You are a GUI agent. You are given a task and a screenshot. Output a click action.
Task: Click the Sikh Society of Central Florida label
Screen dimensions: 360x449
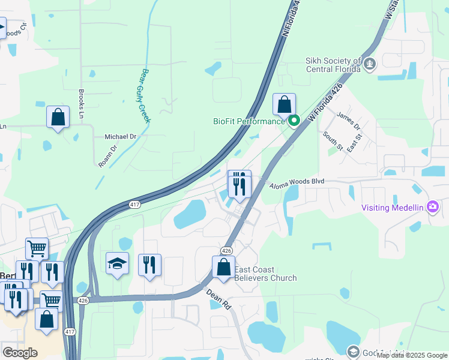[x=333, y=65]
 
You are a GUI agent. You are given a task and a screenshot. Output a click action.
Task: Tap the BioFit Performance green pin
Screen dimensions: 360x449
[x=294, y=121]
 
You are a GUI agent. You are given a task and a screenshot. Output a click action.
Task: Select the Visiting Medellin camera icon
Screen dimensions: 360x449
[x=433, y=208]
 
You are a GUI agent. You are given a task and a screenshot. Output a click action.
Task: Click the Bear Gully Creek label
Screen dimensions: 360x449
[x=145, y=96]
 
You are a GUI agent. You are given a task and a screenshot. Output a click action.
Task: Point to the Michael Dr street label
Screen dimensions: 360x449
[x=121, y=137]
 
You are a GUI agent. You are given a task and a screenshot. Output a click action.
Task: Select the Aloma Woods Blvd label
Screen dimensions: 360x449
[x=296, y=182]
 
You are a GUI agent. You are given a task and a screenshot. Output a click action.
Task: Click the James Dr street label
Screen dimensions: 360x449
[x=348, y=122]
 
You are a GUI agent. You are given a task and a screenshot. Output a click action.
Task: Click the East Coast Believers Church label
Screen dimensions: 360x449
[x=265, y=274]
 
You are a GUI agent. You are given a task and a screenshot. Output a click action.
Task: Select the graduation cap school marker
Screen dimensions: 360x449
[x=118, y=263]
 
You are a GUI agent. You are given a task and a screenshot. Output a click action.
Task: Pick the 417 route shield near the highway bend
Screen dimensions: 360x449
[x=135, y=205]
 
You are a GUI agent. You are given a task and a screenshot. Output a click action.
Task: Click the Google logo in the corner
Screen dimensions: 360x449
[x=20, y=353]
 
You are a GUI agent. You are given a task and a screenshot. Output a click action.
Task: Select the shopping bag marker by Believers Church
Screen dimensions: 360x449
[x=224, y=267]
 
